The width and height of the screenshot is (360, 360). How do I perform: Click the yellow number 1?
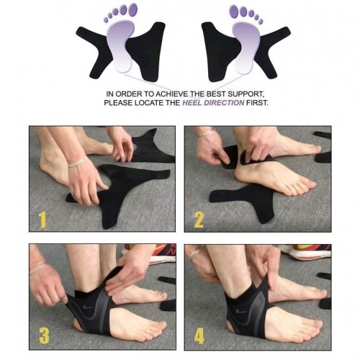tap(42, 220)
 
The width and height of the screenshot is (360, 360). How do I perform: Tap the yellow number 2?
tap(199, 220)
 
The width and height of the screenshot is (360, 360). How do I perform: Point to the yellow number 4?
tap(199, 336)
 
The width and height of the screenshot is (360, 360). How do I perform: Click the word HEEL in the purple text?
tap(192, 103)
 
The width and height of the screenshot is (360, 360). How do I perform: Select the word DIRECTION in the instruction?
tap(224, 103)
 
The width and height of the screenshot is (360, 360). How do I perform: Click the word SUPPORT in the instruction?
tap(246, 94)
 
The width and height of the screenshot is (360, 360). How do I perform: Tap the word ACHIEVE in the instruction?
tap(172, 94)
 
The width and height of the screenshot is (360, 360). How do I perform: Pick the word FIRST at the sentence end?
tap(257, 103)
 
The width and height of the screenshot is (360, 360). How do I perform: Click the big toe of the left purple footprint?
tap(132, 9)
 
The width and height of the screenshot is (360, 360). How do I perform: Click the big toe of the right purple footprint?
tap(234, 10)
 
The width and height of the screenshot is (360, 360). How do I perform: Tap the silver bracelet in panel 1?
tap(78, 162)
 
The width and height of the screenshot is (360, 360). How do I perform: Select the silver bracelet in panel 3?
tap(37, 268)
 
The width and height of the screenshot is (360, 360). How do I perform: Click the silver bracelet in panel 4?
tap(196, 253)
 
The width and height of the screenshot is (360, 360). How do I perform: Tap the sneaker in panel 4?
tap(307, 252)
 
